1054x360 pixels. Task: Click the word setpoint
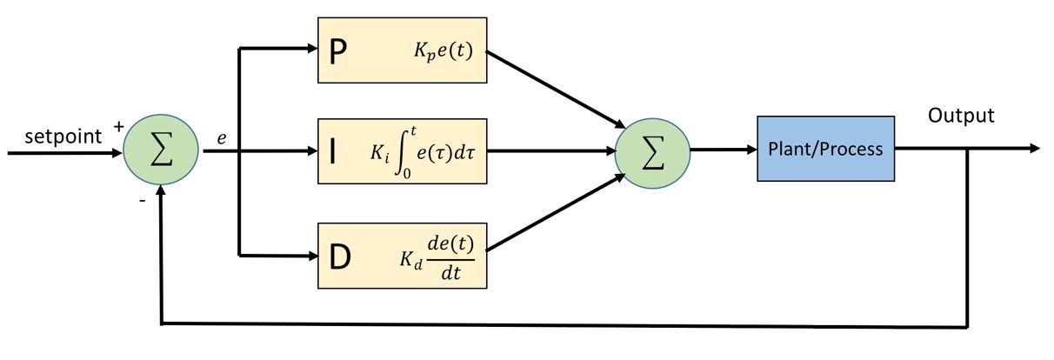(63, 137)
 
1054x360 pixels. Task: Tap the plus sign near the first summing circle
(118, 126)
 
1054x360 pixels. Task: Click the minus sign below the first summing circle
(142, 201)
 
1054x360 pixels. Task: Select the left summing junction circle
(161, 151)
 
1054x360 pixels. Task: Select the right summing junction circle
(652, 153)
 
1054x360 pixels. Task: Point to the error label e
(221, 138)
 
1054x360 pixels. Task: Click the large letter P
(337, 51)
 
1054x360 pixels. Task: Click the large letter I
(333, 151)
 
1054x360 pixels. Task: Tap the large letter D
(340, 257)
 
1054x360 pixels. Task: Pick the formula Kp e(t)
(443, 50)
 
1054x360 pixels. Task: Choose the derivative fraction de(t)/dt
(450, 258)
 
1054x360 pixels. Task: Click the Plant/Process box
(826, 149)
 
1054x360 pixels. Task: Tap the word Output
(961, 116)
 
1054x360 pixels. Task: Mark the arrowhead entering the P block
(312, 48)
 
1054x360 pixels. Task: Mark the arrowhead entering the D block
(312, 256)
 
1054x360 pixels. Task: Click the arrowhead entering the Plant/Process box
(751, 150)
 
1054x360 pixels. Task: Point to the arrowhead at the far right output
(1035, 148)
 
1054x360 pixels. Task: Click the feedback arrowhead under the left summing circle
(161, 190)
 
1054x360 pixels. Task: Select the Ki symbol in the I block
(380, 153)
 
